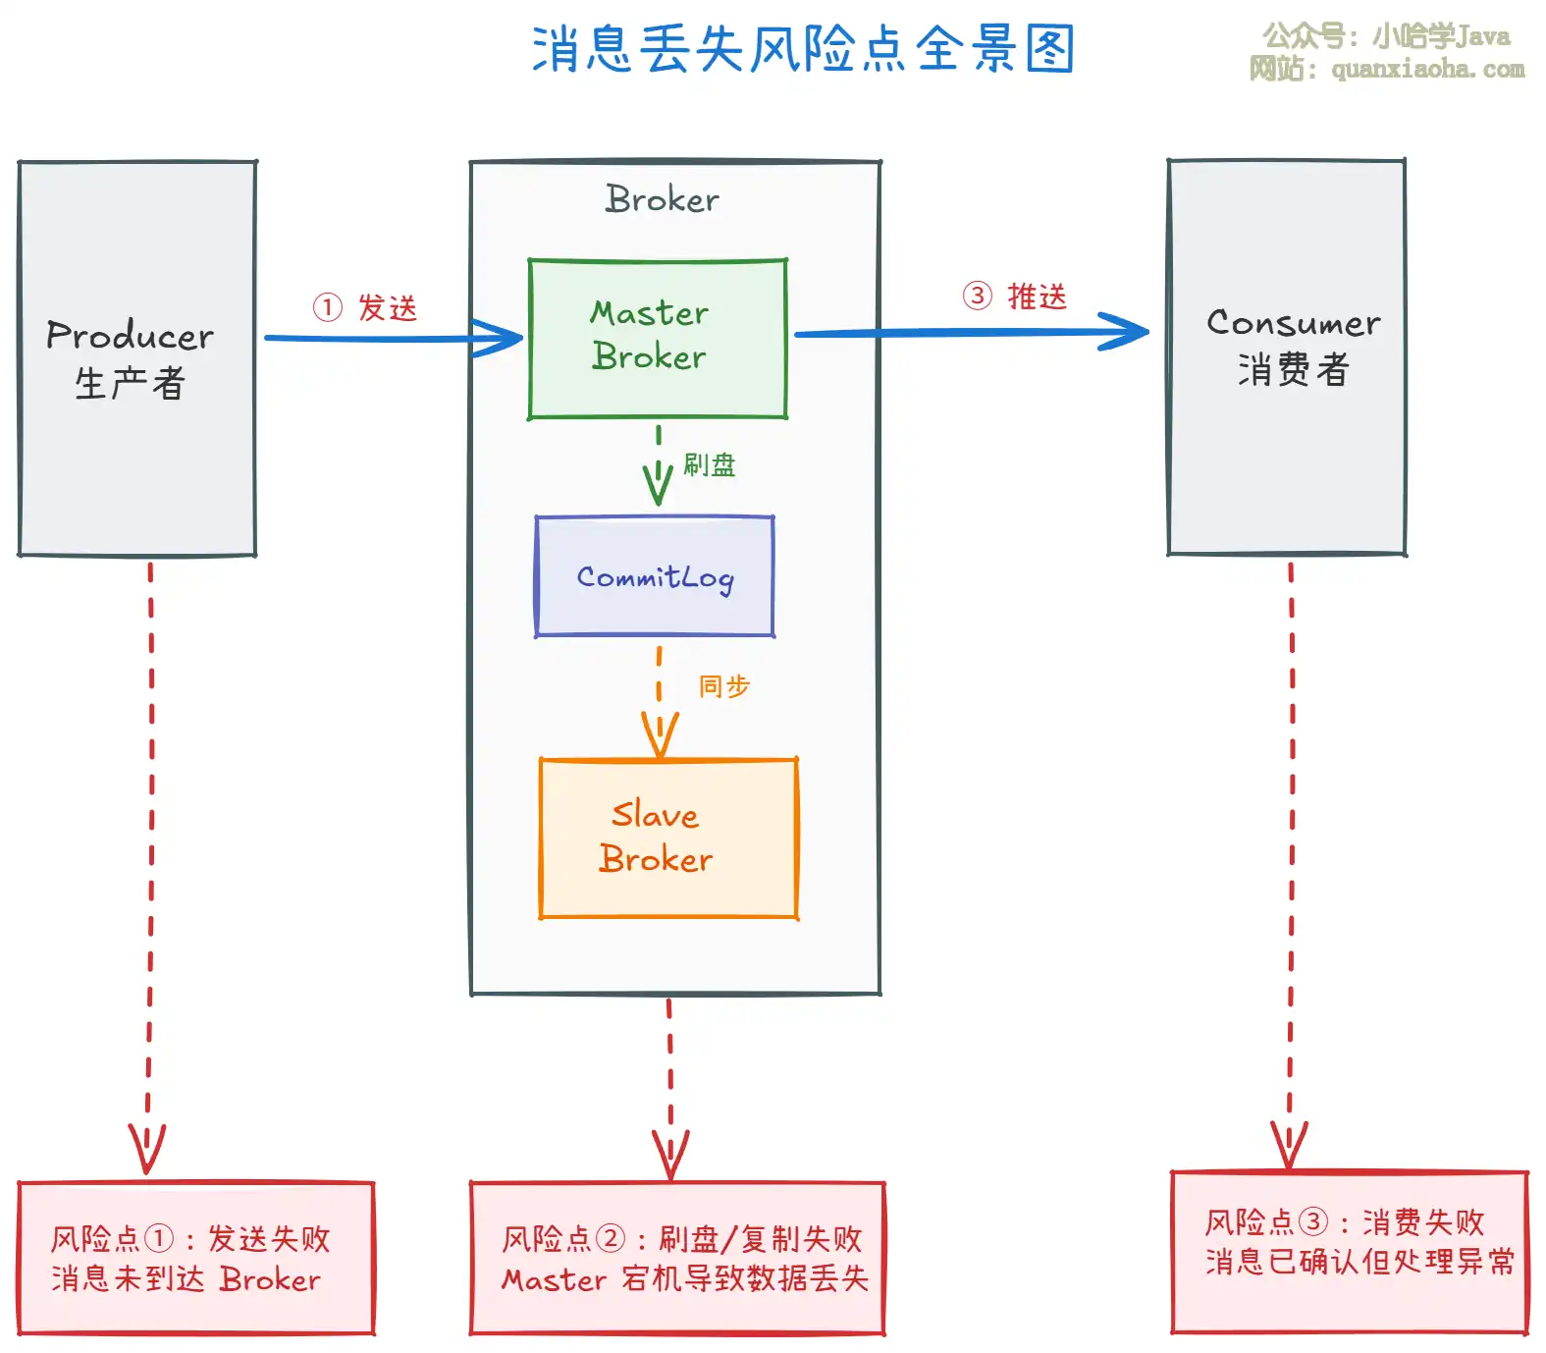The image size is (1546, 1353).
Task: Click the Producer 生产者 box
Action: point(137,358)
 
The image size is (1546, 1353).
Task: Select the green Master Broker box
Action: point(658,339)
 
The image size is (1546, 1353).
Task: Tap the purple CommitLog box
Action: point(655,576)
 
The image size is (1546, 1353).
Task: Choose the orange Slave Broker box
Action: point(668,838)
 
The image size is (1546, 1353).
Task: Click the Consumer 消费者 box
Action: point(1287,356)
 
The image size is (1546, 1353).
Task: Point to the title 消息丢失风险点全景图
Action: point(803,49)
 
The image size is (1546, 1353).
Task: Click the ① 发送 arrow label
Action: point(366,307)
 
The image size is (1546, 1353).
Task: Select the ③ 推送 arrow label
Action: point(1015,296)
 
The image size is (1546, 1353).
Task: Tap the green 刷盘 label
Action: point(710,464)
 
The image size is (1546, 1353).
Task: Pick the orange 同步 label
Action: point(724,685)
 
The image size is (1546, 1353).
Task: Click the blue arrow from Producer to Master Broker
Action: point(393,339)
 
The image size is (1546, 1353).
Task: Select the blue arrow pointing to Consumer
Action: point(972,333)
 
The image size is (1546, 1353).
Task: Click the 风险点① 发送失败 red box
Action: point(196,1258)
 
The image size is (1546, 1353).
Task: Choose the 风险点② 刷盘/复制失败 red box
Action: point(677,1258)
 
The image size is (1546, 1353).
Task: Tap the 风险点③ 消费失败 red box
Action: point(1350,1251)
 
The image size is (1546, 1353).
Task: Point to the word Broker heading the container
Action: point(663,199)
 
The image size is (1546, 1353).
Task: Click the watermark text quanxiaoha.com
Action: point(1427,69)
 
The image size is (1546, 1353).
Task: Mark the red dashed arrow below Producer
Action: point(150,864)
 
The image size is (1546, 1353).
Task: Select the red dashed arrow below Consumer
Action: point(1291,864)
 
